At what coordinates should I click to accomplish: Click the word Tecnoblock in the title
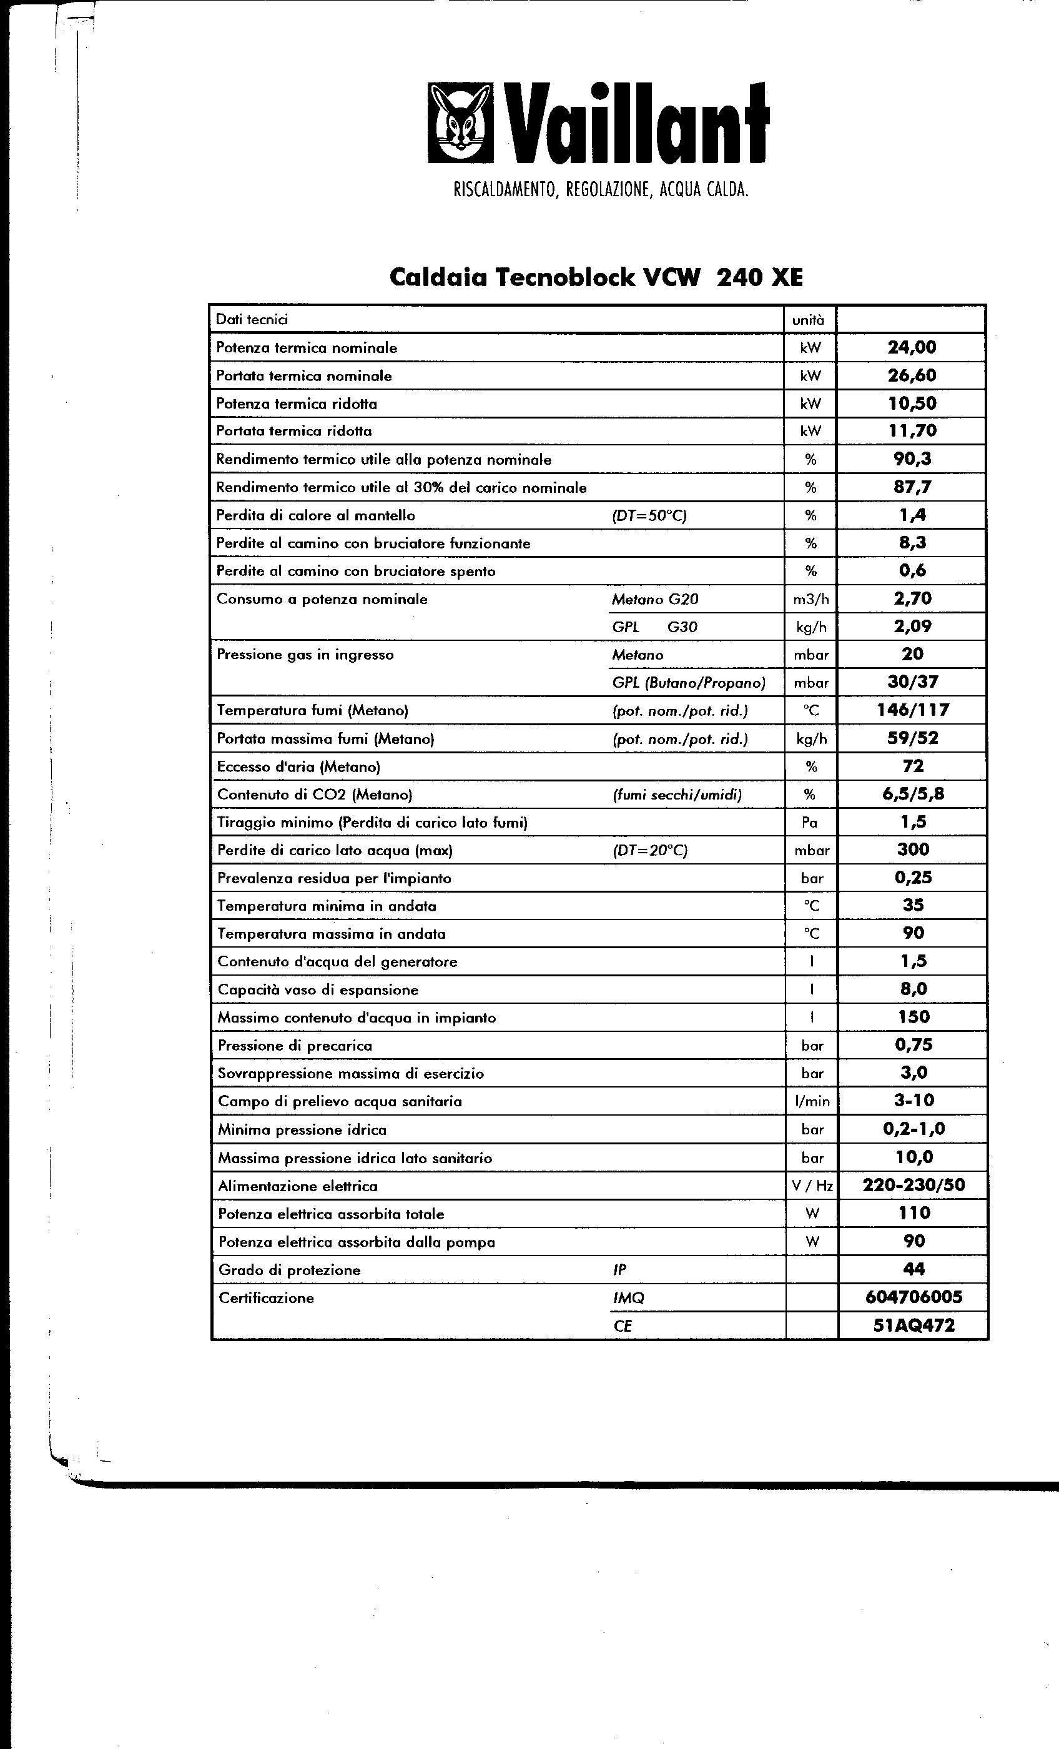click(564, 277)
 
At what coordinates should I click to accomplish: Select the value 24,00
click(912, 347)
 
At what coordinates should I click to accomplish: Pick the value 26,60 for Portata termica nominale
click(912, 375)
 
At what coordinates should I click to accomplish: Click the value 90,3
click(912, 458)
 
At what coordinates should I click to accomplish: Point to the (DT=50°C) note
click(649, 515)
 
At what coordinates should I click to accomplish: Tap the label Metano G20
click(654, 599)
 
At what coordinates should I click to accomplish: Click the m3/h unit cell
click(810, 599)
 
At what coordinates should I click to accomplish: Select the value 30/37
click(912, 682)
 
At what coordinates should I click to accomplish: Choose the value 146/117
click(913, 710)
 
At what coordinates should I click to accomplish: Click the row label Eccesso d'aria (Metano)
click(298, 766)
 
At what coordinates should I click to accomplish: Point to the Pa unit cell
click(810, 822)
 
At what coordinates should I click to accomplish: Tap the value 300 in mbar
click(913, 850)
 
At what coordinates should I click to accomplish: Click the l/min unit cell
click(812, 1101)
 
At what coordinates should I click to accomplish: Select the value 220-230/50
click(914, 1185)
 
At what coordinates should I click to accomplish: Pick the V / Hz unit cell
click(812, 1186)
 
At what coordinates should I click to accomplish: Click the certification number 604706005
click(914, 1297)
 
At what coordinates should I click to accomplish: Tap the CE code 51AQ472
click(914, 1325)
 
